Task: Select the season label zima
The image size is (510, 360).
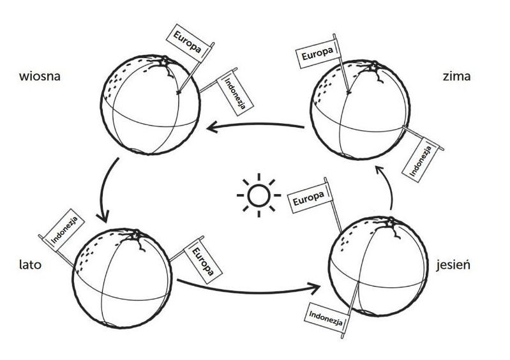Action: tap(456, 77)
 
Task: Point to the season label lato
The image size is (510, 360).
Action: tap(30, 264)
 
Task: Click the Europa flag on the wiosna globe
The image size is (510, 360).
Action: tap(186, 41)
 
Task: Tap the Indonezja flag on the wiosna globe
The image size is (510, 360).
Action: tap(232, 92)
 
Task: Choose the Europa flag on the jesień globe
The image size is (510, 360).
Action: tap(309, 198)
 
